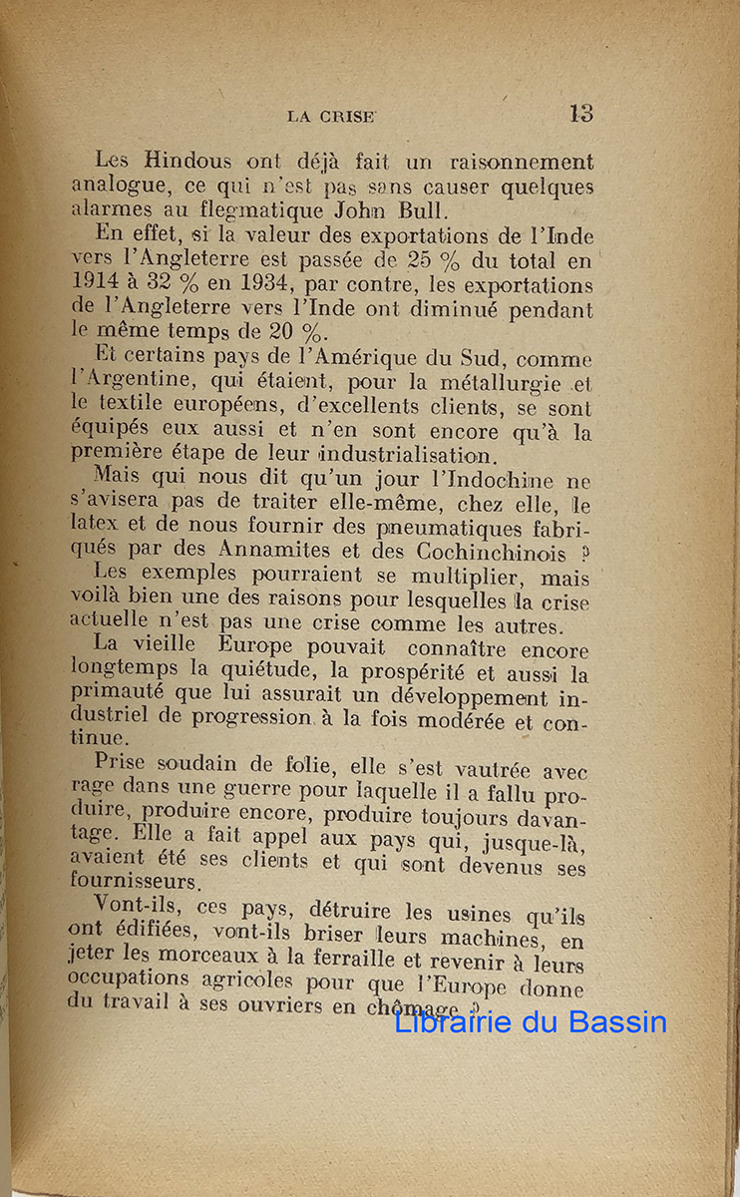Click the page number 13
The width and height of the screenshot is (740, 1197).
(580, 113)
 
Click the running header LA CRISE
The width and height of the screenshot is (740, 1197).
(331, 116)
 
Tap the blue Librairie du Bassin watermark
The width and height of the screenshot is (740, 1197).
(531, 1022)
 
